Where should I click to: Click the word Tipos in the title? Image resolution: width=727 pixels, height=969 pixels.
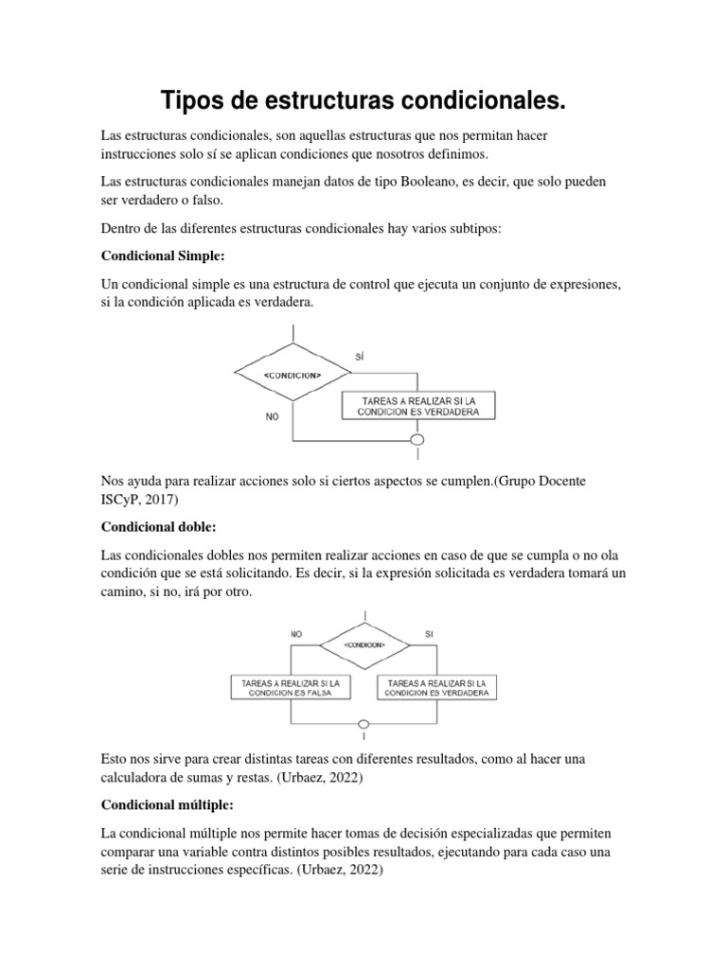(193, 100)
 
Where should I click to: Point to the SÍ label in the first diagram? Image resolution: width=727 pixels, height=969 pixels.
(359, 356)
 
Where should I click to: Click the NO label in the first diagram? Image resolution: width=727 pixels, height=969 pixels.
(272, 415)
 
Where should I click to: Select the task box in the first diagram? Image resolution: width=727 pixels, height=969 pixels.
(417, 406)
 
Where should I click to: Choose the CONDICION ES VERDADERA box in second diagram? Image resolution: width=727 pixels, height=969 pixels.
(437, 687)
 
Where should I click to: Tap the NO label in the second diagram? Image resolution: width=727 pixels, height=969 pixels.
(297, 634)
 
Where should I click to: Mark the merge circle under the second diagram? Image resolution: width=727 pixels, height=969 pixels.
(364, 725)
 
